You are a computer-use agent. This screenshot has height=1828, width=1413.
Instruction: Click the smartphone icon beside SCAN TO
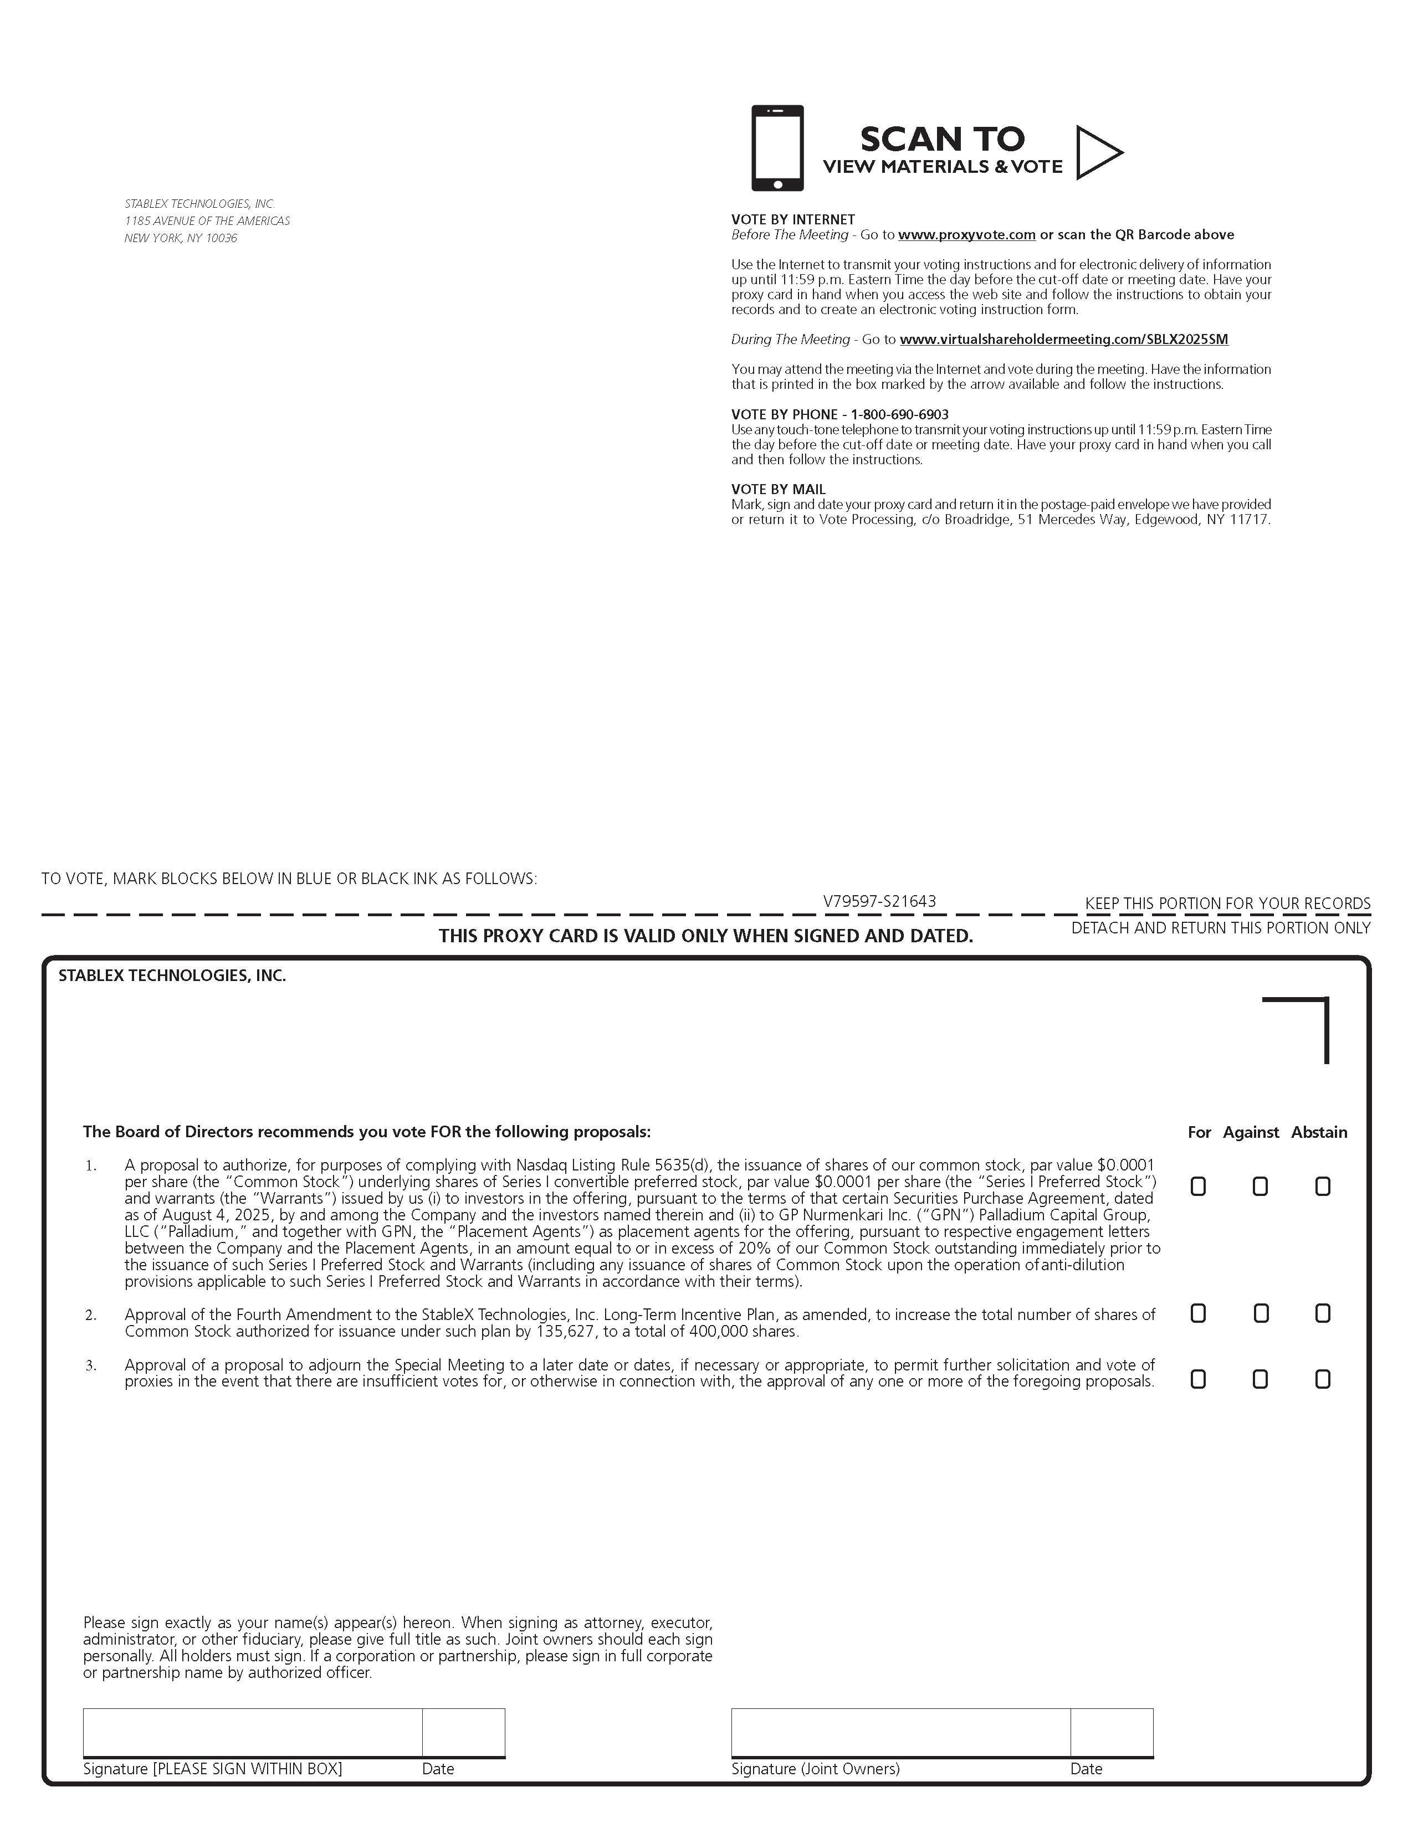click(x=777, y=147)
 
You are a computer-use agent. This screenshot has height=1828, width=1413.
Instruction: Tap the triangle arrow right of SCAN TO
click(x=1095, y=152)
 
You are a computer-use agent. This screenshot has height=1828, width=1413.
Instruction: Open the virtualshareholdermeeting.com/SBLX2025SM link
click(x=1064, y=340)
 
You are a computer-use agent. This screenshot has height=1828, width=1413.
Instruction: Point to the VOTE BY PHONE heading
click(x=839, y=414)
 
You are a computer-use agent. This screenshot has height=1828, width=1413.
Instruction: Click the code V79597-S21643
click(x=879, y=901)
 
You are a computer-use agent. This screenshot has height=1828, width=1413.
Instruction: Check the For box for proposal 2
click(x=1198, y=1313)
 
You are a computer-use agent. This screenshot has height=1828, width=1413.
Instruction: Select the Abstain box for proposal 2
click(x=1323, y=1313)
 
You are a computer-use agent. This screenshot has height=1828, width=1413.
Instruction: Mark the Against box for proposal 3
click(x=1260, y=1379)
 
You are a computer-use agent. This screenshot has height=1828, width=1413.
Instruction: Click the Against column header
click(x=1251, y=1132)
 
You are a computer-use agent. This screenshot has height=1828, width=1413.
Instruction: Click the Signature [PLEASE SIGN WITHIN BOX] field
click(x=252, y=1732)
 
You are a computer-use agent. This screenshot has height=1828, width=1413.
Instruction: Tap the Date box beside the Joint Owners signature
click(x=1111, y=1732)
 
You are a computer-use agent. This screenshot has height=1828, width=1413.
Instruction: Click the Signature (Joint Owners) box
click(x=900, y=1732)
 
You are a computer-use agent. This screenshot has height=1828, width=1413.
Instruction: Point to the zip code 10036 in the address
click(x=222, y=239)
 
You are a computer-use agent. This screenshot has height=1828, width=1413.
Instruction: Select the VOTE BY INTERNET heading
click(x=793, y=220)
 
